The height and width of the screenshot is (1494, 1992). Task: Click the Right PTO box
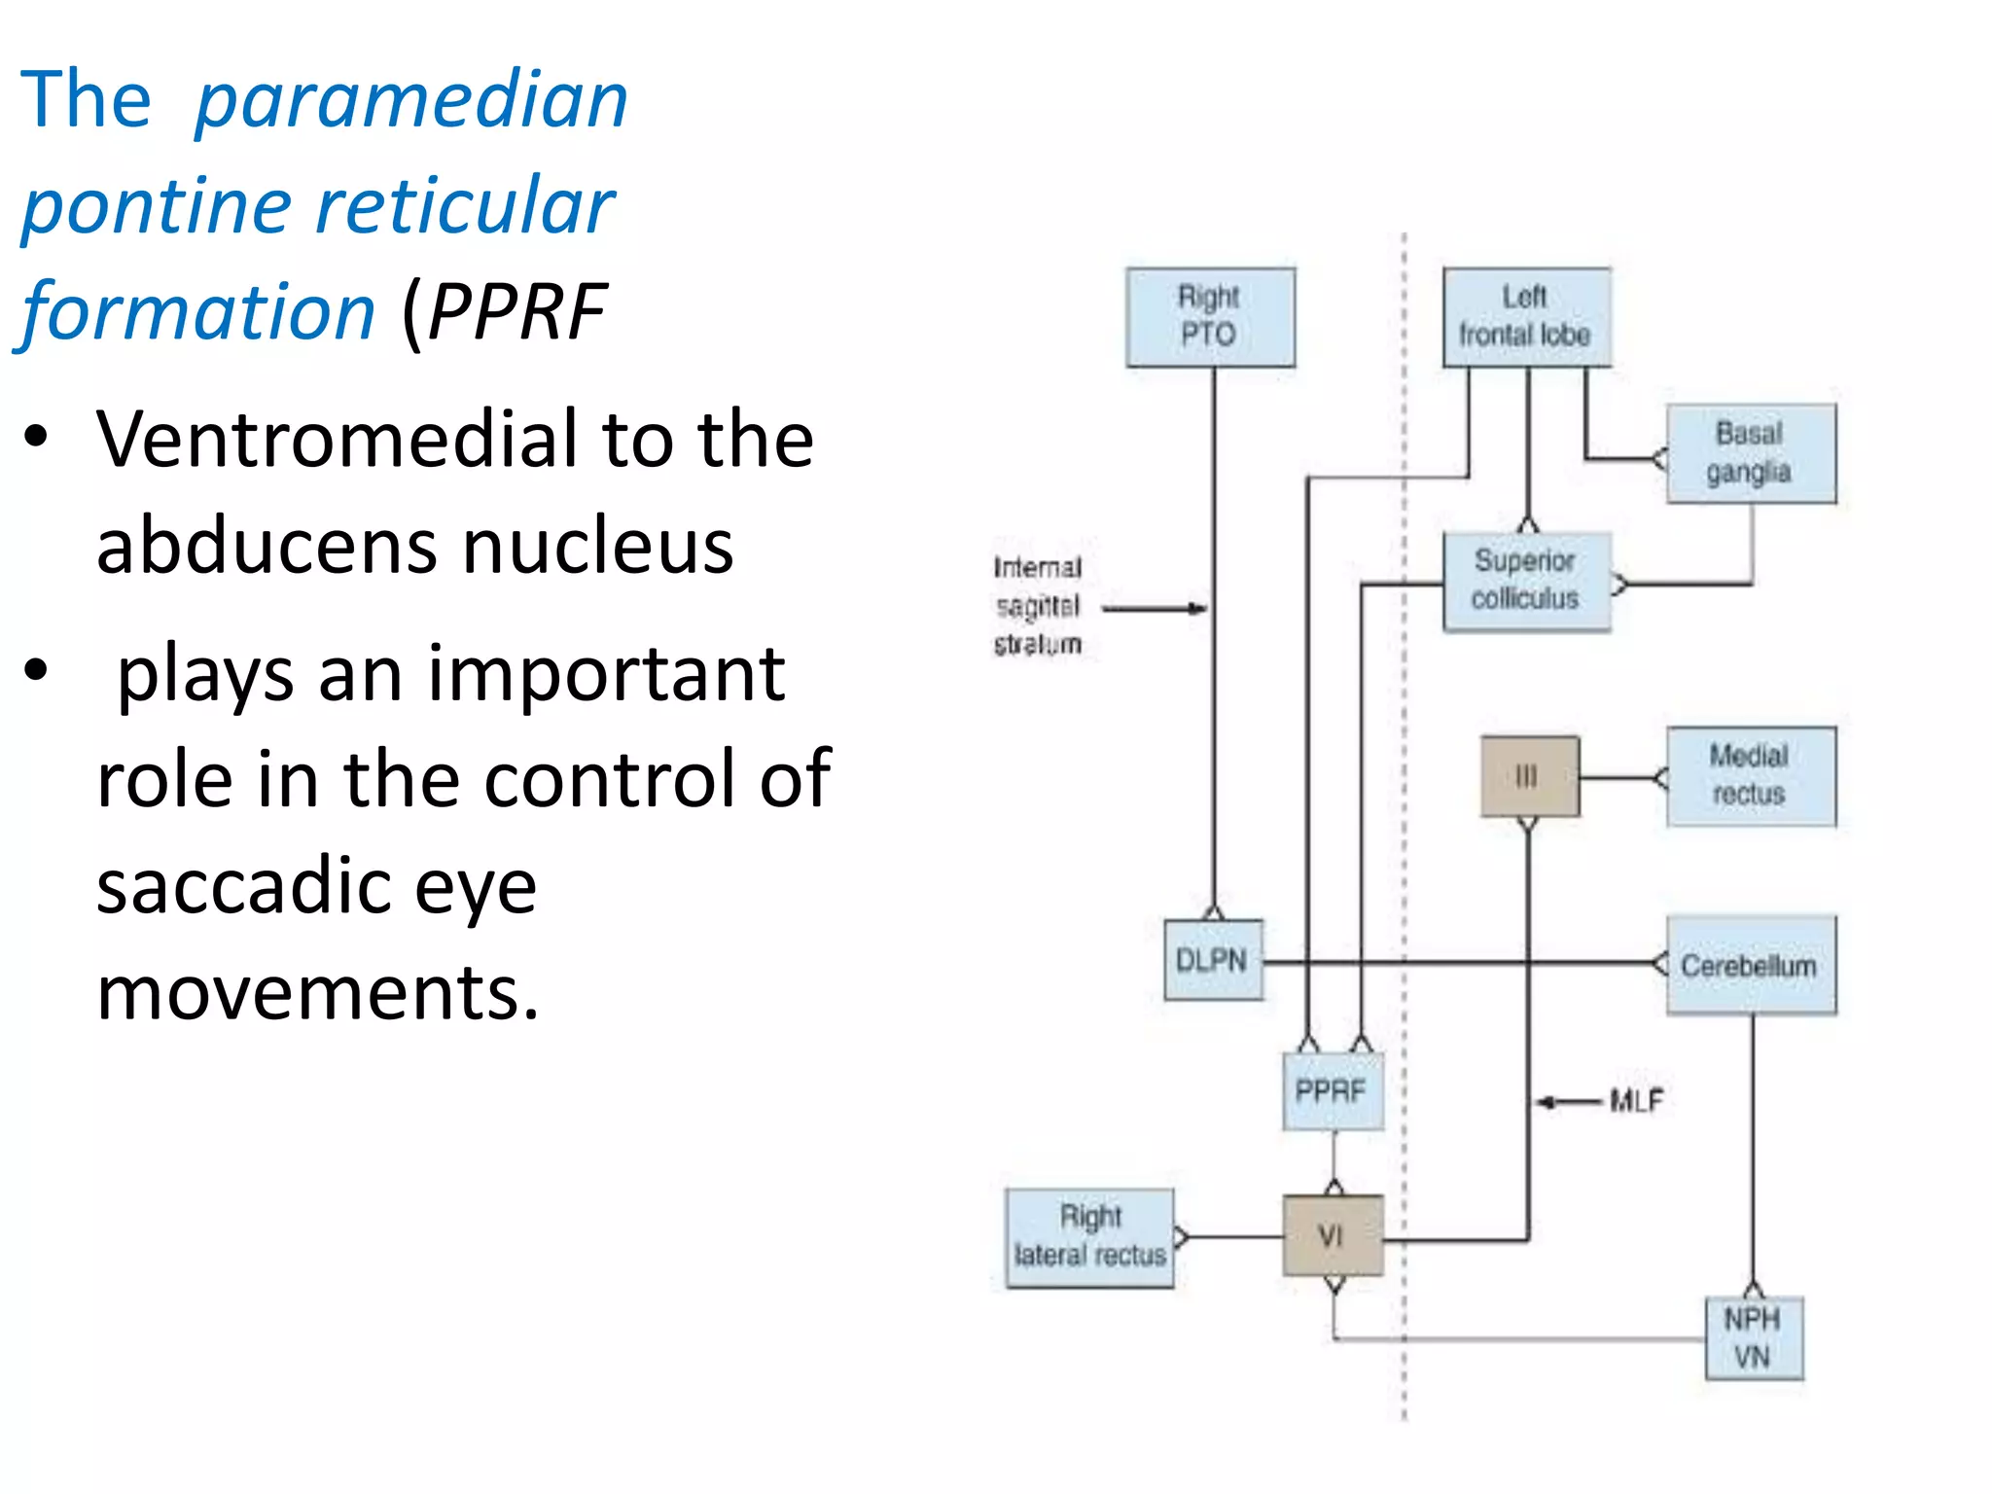[x=1210, y=317]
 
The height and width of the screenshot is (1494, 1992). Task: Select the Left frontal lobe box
[x=1525, y=317]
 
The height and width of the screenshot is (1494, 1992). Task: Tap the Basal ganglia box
[x=1750, y=453]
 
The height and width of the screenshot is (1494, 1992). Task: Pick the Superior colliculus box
[x=1525, y=581]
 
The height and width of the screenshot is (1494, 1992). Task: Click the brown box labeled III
[x=1529, y=776]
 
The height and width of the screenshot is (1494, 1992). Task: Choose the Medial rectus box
[x=1750, y=776]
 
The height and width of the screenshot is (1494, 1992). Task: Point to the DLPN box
[x=1212, y=960]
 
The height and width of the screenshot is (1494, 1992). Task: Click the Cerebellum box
[x=1750, y=965]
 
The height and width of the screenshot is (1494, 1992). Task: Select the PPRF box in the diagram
[x=1332, y=1090]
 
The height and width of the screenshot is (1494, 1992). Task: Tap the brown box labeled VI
[x=1332, y=1235]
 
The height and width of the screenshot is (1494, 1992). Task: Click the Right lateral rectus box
[x=1089, y=1237]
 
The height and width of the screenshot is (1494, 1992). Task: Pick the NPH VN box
[x=1753, y=1337]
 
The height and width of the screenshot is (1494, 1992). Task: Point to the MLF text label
[x=1637, y=1101]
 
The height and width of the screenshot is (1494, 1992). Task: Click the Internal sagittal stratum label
[x=1038, y=605]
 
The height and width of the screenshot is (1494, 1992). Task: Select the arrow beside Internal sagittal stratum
[x=1156, y=609]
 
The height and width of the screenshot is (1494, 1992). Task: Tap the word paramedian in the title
[x=411, y=101]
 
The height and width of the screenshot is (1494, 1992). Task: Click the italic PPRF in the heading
[x=517, y=312]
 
